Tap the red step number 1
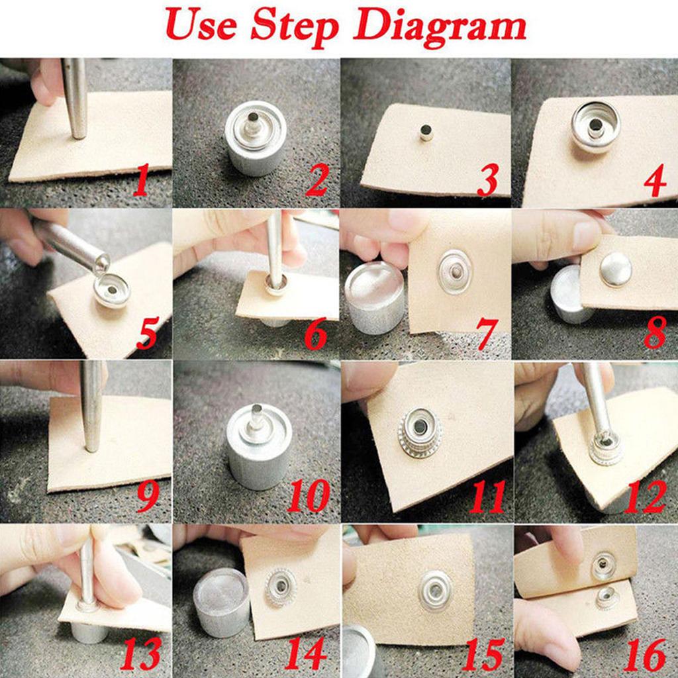click(142, 181)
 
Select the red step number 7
click(487, 334)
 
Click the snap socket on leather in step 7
click(455, 271)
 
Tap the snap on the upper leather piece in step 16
click(603, 565)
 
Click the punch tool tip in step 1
click(79, 132)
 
